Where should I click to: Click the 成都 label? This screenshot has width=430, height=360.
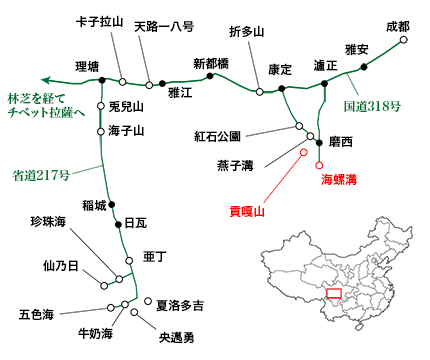pyautogui.click(x=397, y=26)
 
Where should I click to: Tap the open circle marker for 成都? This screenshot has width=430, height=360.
pyautogui.click(x=404, y=42)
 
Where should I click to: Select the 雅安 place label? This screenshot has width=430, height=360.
pyautogui.click(x=357, y=49)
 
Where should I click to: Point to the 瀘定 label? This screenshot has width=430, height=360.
pyautogui.click(x=324, y=65)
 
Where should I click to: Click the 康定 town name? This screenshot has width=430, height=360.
pyautogui.click(x=280, y=70)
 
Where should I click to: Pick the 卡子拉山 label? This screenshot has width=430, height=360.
pyautogui.click(x=100, y=22)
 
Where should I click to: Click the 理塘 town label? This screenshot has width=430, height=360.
pyautogui.click(x=88, y=67)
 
